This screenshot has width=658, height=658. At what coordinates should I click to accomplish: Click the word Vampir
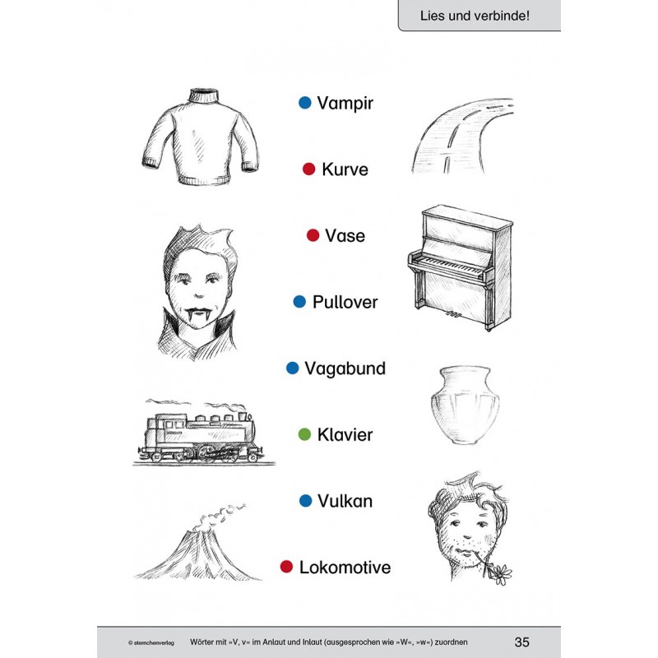pyautogui.click(x=345, y=104)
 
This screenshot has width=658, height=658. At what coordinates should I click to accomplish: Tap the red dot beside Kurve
pyautogui.click(x=309, y=169)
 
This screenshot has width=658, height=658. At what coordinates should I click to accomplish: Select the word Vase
pyautogui.click(x=345, y=236)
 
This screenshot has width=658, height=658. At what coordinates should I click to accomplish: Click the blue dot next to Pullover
pyautogui.click(x=300, y=302)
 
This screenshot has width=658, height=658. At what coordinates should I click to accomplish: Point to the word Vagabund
pyautogui.click(x=345, y=368)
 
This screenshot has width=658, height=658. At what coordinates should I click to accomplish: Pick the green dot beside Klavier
pyautogui.click(x=304, y=434)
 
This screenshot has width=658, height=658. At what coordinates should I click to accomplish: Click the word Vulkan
pyautogui.click(x=346, y=501)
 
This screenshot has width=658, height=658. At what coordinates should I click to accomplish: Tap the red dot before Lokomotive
pyautogui.click(x=286, y=567)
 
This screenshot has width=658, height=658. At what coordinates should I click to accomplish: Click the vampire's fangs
pyautogui.click(x=195, y=315)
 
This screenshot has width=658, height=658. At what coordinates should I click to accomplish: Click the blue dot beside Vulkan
pyautogui.click(x=305, y=500)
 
